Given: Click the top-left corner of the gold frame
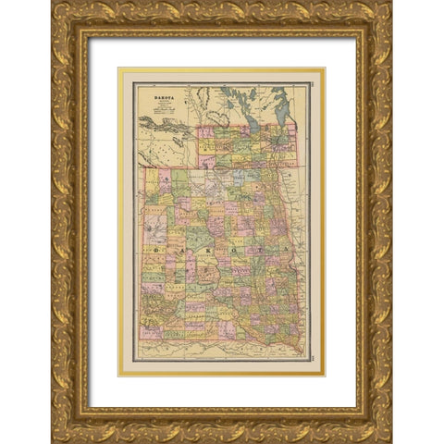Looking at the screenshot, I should [54, 4].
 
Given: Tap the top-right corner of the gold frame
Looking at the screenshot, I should [389, 4].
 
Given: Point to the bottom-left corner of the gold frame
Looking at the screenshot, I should [54, 440].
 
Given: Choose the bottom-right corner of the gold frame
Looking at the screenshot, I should [389, 440].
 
